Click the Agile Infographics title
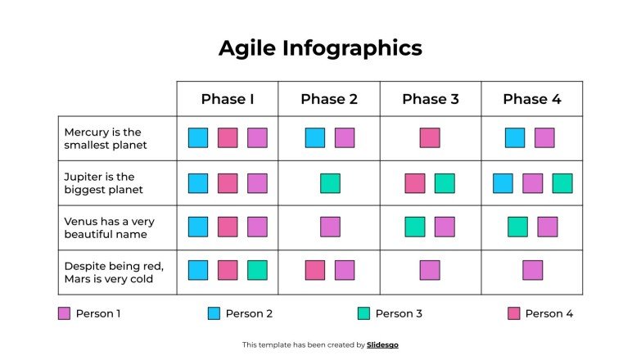point(320,48)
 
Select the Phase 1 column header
point(228,99)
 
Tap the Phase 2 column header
point(329,99)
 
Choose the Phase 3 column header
point(431,99)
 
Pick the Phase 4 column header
point(532,99)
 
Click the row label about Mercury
point(106,138)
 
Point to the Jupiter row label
point(103,183)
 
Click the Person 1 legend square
point(65,313)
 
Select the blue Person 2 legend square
point(214,313)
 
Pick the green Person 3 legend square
point(364,313)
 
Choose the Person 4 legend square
point(514,313)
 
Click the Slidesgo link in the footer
point(383,345)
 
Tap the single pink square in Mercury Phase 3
point(430,137)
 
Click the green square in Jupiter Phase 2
point(330,183)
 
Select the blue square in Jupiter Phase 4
point(503,183)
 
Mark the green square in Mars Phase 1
point(257,270)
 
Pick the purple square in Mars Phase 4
point(533,270)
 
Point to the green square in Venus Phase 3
point(415,227)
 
